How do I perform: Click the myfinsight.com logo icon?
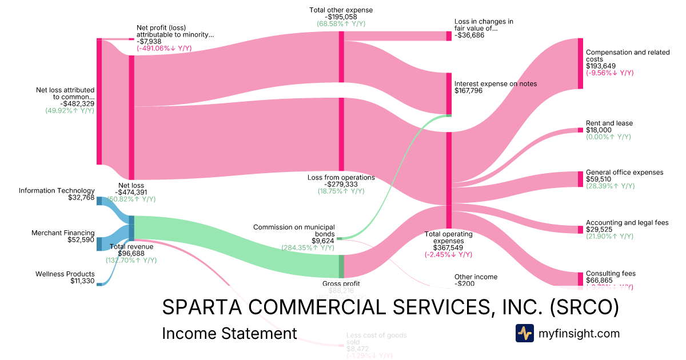pos(524,333)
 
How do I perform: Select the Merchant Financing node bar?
pos(99,244)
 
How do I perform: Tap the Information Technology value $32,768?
pos(81,198)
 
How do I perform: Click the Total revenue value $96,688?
pos(131,253)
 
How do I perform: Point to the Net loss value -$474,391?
pos(132,192)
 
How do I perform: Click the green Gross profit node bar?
pos(341,266)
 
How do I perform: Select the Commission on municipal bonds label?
pos(294,230)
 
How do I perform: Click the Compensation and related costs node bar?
pos(580,63)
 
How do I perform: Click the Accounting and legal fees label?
pos(627,222)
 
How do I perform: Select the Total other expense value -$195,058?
pos(341,17)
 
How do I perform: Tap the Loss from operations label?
pos(341,177)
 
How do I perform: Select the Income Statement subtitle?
pos(229,333)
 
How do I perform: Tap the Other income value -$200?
pos(465,283)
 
